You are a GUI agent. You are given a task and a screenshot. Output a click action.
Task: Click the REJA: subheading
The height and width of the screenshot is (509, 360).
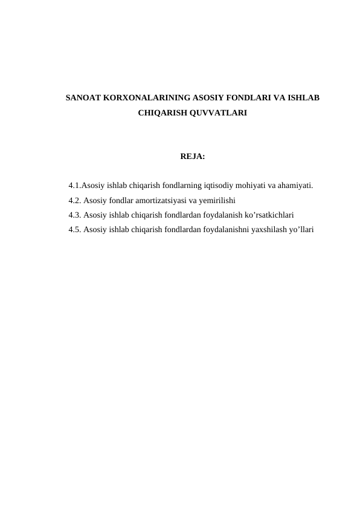pos(193,157)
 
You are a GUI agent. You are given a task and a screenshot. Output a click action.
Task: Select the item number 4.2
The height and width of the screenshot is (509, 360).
pos(75,200)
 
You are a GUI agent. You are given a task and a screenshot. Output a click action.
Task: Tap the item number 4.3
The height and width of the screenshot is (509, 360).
pos(75,215)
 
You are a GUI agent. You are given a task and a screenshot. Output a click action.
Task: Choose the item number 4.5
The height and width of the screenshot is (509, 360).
pos(75,229)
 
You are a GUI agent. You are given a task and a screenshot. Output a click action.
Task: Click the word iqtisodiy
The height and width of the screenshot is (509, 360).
pos(214,185)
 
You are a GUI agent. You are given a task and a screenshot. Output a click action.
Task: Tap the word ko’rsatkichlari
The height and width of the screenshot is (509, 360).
pos(268,215)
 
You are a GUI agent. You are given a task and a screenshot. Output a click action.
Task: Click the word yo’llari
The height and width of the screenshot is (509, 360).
pos(298,229)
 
